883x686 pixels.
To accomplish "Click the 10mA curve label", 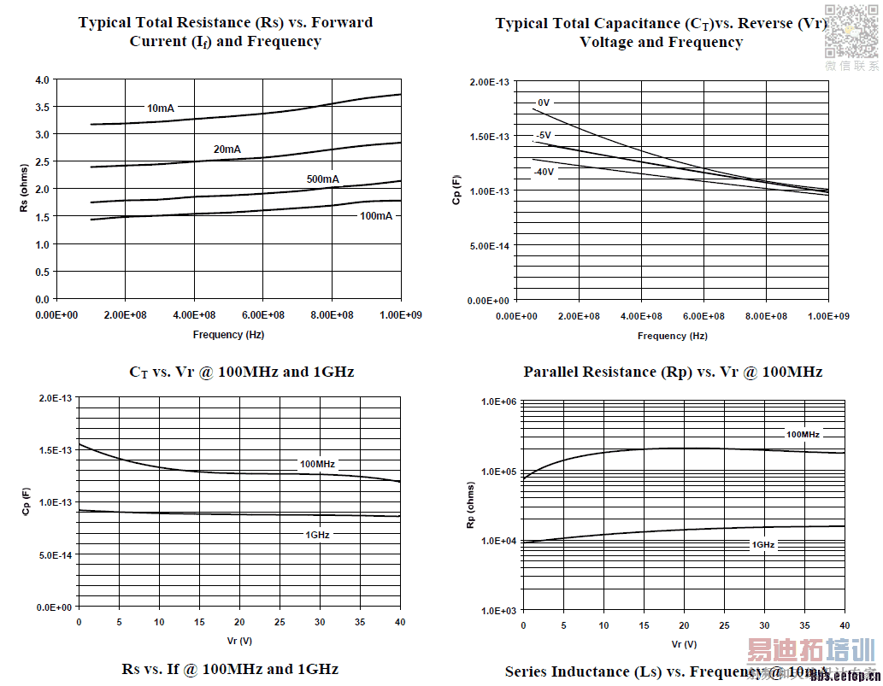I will click(x=161, y=108).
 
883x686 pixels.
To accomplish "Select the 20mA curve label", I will click(x=227, y=150).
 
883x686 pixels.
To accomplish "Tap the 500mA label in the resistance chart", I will click(x=322, y=179).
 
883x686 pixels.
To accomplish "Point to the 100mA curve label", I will click(x=376, y=216).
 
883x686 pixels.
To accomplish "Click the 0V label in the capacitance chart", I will click(x=544, y=103).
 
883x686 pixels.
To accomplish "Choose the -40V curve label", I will click(x=544, y=172).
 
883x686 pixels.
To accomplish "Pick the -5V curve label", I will click(x=544, y=136).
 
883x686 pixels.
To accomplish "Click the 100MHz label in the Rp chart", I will click(x=803, y=435).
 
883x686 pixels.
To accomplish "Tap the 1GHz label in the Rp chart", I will click(x=763, y=544).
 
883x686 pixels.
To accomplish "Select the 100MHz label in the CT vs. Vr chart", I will click(x=317, y=465).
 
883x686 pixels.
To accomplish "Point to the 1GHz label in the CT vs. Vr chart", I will click(x=317, y=535).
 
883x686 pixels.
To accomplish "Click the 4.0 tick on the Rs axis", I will click(x=42, y=80).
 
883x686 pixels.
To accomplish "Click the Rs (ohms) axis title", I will click(x=24, y=189).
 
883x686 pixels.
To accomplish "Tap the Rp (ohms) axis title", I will click(x=470, y=505).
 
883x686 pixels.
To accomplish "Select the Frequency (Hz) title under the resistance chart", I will click(x=228, y=335).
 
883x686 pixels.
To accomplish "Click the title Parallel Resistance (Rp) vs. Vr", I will click(x=673, y=372).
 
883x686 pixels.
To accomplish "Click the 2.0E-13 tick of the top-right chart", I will click(x=490, y=82).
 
